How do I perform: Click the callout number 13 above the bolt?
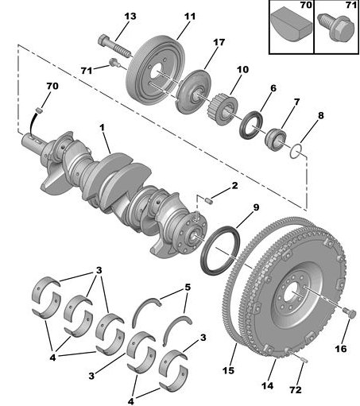pos(130,16)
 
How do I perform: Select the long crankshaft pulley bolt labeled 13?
pos(114,46)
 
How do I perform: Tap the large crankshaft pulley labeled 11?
pos(155,68)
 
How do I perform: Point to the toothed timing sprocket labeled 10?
pos(222,109)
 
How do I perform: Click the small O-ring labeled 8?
pos(296,151)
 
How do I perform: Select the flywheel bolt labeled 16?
pos(350,312)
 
